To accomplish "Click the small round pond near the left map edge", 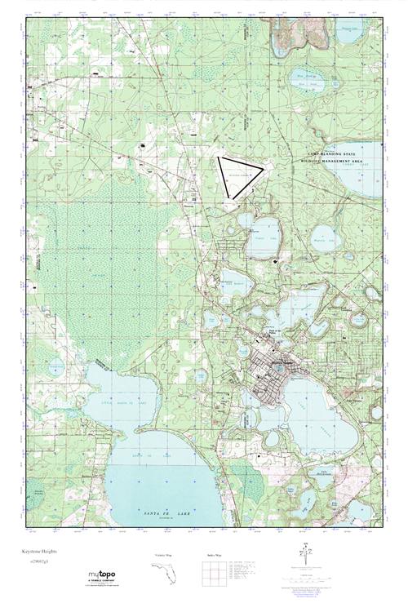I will point(56,368).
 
